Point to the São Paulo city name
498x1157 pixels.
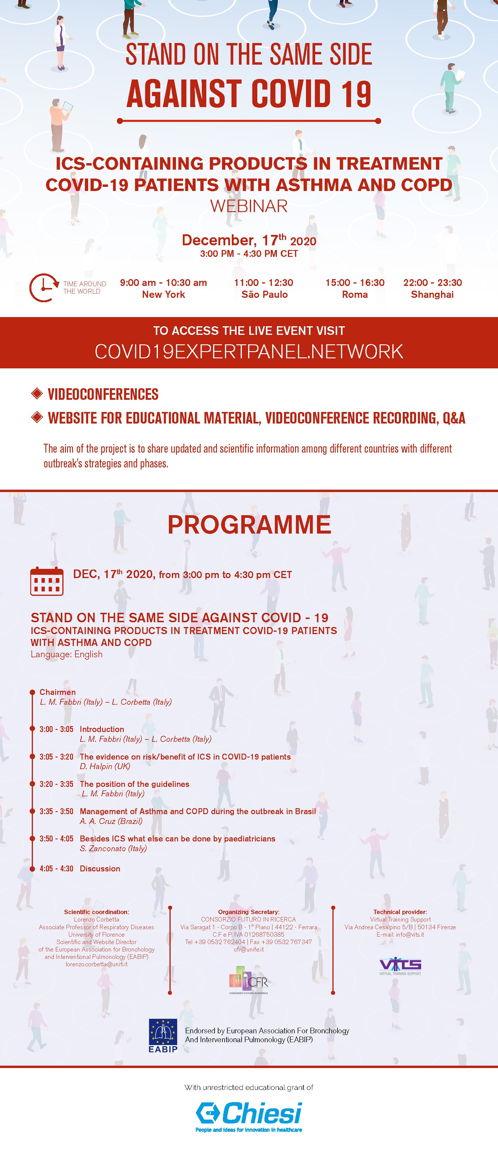pyautogui.click(x=264, y=295)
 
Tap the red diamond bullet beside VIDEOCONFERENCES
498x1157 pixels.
pyautogui.click(x=37, y=394)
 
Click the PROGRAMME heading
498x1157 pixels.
pyautogui.click(x=249, y=525)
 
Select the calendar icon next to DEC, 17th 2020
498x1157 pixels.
pyautogui.click(x=47, y=581)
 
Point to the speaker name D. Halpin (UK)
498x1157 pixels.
pyautogui.click(x=105, y=766)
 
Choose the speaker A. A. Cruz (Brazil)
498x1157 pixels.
pyautogui.click(x=111, y=821)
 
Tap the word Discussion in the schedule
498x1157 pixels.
pyautogui.click(x=100, y=869)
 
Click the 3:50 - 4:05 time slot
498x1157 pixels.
pyautogui.click(x=56, y=838)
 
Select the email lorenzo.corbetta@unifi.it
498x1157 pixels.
pyautogui.click(x=96, y=964)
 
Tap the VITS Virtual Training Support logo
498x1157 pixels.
pyautogui.click(x=400, y=966)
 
